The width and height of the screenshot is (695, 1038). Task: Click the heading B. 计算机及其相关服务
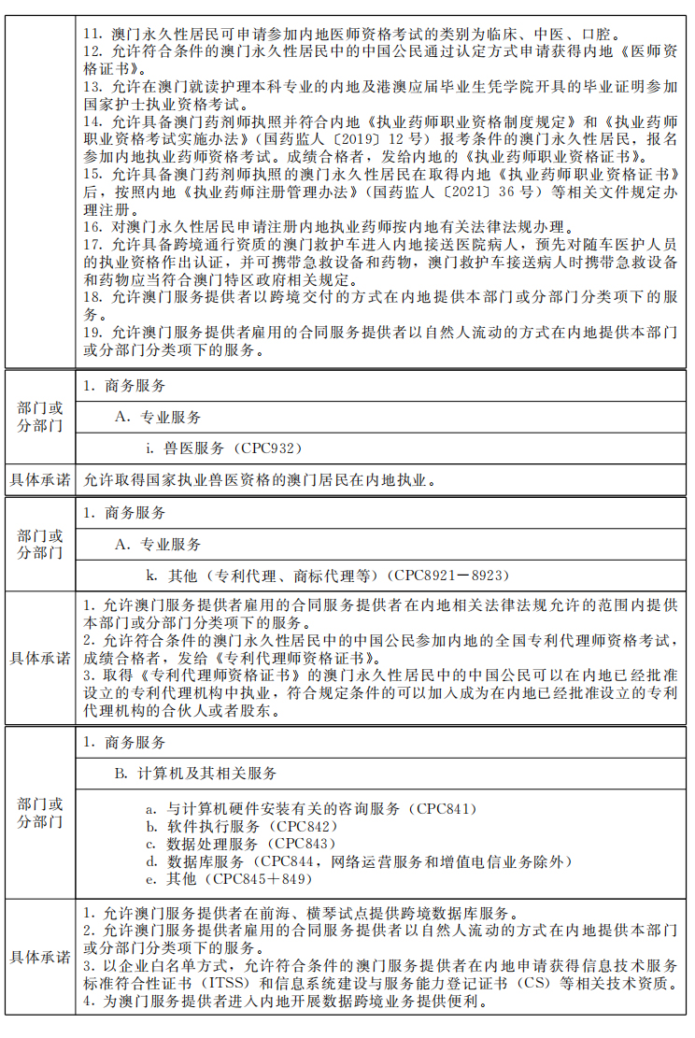click(x=196, y=773)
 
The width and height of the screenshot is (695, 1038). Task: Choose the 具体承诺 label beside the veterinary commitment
click(x=39, y=481)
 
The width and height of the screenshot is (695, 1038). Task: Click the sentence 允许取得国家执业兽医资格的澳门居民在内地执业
click(x=258, y=481)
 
